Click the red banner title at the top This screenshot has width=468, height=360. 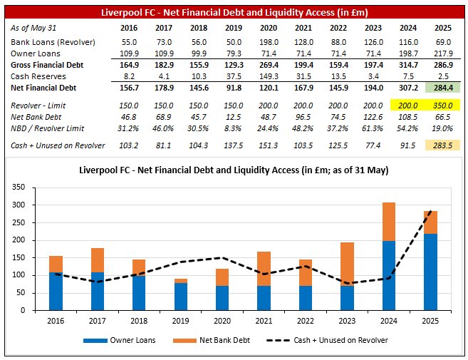[x=234, y=12]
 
